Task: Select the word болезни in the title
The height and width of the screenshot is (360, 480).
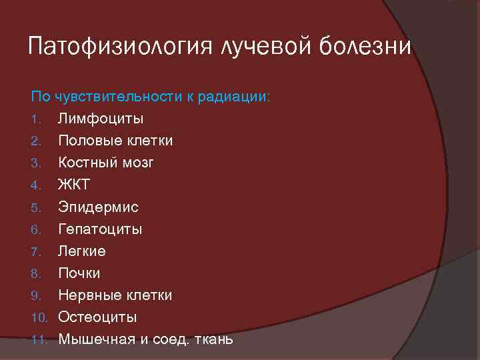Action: (x=373, y=47)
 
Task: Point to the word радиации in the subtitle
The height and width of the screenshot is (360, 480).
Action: (x=233, y=97)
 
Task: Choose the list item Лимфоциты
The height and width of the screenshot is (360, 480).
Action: (x=101, y=119)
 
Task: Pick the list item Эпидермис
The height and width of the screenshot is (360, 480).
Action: (x=98, y=207)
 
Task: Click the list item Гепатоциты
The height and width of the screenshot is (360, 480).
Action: (x=100, y=229)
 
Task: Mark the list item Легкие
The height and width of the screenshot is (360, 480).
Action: (x=81, y=251)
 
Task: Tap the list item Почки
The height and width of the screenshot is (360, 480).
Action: (x=79, y=273)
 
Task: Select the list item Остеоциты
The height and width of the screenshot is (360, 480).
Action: (x=97, y=317)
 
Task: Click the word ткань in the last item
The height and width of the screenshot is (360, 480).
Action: (x=213, y=339)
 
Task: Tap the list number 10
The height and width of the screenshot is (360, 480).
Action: (x=40, y=317)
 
